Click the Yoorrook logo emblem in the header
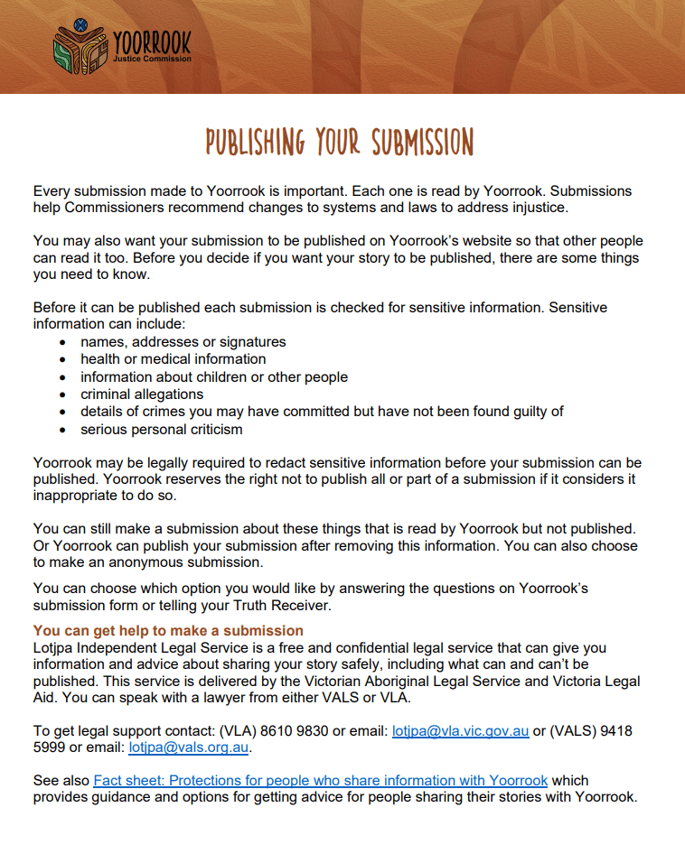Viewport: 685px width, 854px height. pos(80,46)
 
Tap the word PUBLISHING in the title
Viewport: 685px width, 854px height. pos(256,143)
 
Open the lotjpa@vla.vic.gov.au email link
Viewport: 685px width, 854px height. pos(460,730)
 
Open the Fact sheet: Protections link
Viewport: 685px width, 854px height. pos(320,780)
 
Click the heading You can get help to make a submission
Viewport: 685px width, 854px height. pos(168,630)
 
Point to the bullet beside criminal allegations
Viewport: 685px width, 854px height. pos(61,395)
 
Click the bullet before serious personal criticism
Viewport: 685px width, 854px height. pos(61,429)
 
